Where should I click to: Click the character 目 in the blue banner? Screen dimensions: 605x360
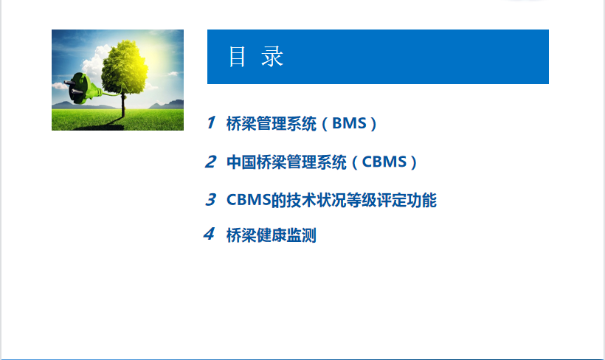pyautogui.click(x=237, y=57)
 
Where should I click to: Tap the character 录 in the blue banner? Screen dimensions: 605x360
pyautogui.click(x=272, y=57)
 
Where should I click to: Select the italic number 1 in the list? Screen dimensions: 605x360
pyautogui.click(x=211, y=122)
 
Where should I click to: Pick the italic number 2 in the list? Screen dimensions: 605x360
pyautogui.click(x=211, y=162)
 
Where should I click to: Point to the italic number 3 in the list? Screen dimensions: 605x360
pyautogui.click(x=211, y=199)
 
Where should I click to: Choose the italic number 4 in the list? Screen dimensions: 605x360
pyautogui.click(x=209, y=234)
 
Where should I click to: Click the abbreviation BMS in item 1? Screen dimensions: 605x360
pyautogui.click(x=349, y=123)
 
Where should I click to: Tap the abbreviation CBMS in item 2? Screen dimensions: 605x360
pyautogui.click(x=384, y=162)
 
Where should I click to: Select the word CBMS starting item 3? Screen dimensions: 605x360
pyautogui.click(x=249, y=200)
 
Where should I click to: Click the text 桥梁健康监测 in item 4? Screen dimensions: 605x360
pyautogui.click(x=272, y=235)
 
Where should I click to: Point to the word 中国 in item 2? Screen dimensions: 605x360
pyautogui.click(x=241, y=162)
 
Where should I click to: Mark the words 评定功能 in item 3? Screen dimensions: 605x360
pyautogui.click(x=407, y=200)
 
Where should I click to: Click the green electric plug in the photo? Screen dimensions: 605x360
pyautogui.click(x=83, y=89)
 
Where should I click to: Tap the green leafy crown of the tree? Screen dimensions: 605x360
pyautogui.click(x=124, y=66)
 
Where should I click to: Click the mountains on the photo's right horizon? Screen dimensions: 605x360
pyautogui.click(x=166, y=104)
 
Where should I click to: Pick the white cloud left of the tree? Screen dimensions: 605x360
pyautogui.click(x=94, y=62)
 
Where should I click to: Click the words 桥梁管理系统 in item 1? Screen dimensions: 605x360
pyautogui.click(x=272, y=123)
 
